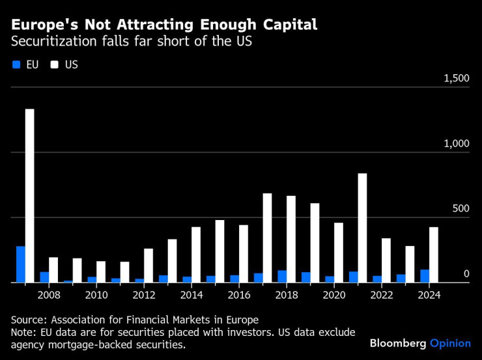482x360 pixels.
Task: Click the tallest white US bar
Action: [x=29, y=195]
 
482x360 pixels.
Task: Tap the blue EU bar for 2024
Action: [x=425, y=276]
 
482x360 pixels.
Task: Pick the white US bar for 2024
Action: [x=434, y=255]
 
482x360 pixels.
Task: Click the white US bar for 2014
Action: [x=196, y=255]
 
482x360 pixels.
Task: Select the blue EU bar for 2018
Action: [x=282, y=276]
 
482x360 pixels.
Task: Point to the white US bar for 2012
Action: [x=149, y=266]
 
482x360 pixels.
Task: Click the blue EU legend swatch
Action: [x=16, y=64]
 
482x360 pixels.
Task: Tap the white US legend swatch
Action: [x=55, y=64]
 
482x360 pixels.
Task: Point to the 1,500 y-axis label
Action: [x=456, y=78]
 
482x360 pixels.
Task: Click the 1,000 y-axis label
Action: [x=456, y=143]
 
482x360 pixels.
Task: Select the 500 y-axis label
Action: [x=461, y=208]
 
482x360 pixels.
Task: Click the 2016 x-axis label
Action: [x=238, y=295]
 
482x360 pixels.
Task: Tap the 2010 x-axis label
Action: [x=96, y=295]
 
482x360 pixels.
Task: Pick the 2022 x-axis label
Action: [x=381, y=295]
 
